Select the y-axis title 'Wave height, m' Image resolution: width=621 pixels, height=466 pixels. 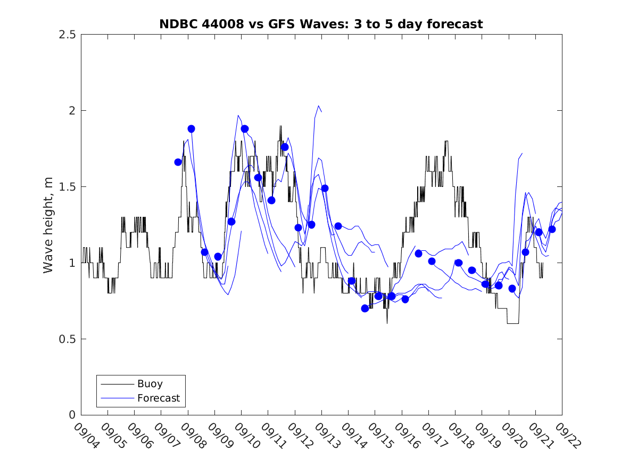coord(48,225)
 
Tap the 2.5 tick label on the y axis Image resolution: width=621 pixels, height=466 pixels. coord(68,35)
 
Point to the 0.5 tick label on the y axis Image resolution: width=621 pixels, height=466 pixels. coord(68,339)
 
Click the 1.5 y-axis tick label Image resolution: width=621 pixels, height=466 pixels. coord(68,187)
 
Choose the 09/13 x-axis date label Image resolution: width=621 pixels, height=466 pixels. coord(326,436)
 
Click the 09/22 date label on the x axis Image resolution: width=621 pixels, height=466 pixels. coord(566,436)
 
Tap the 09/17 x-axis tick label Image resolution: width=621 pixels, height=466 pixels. coord(433,436)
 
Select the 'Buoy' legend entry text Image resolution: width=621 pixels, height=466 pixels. coord(150,383)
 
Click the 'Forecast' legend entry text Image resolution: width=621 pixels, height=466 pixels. coord(159,398)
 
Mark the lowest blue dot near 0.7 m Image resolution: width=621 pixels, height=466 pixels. coord(365,308)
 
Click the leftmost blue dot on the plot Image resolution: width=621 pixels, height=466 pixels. coord(178,162)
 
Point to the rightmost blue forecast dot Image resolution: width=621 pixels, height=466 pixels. coord(552,229)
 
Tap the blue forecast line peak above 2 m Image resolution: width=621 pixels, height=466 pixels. coord(318,106)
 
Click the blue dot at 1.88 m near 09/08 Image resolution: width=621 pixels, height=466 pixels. coord(191,129)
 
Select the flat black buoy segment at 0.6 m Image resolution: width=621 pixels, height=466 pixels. coord(513,323)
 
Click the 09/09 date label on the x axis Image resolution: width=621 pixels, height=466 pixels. coord(219,436)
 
